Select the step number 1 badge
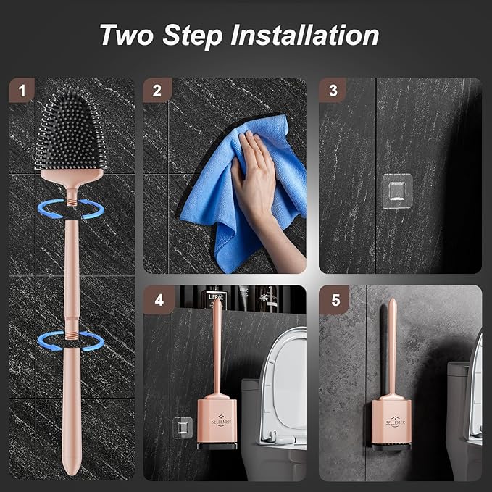coord(23,91)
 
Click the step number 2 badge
coord(157,91)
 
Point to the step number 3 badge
coord(333,91)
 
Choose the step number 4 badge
coord(157,299)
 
